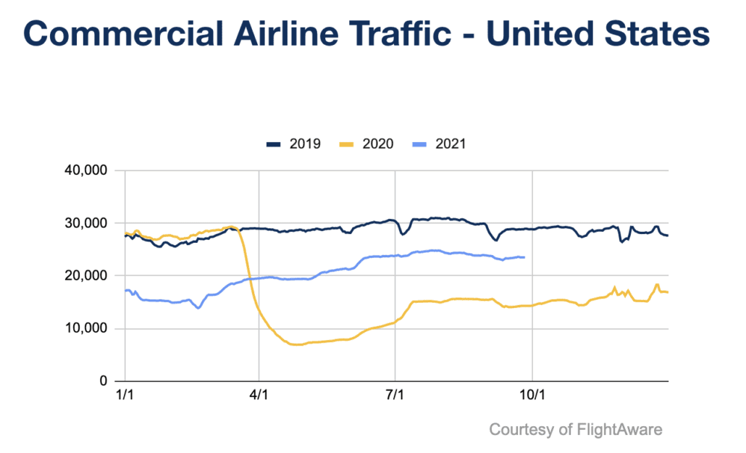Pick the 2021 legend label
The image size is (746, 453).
(x=451, y=144)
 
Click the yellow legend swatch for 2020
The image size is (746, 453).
(x=348, y=144)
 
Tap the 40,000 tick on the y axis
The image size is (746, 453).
(x=88, y=171)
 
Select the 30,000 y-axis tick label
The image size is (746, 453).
(x=88, y=223)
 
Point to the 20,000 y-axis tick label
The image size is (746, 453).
(x=88, y=276)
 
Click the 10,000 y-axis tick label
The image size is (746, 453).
(x=88, y=329)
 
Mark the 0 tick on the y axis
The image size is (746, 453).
(x=104, y=381)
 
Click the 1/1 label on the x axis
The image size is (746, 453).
(x=125, y=398)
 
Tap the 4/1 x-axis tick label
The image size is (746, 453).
(x=259, y=398)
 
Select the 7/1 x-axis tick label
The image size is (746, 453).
(x=395, y=398)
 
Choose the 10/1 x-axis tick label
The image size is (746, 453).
(x=532, y=398)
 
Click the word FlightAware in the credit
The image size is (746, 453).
(x=621, y=430)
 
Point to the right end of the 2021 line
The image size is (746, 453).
(x=524, y=257)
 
